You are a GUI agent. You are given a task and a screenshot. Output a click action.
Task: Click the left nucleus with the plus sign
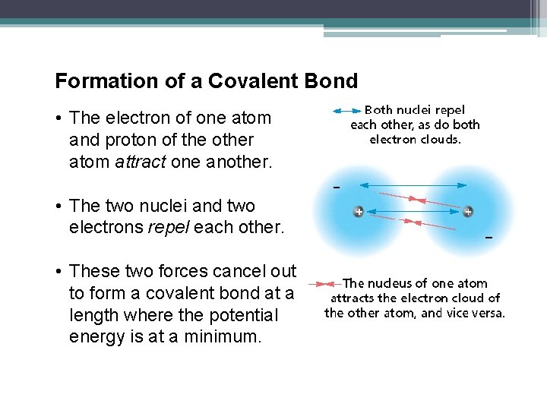coord(358,212)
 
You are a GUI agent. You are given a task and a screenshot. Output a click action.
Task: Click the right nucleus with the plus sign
coord(467,212)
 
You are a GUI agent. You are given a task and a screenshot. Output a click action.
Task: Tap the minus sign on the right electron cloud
coord(489,238)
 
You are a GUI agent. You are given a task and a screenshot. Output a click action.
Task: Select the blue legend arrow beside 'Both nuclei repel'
coord(346,111)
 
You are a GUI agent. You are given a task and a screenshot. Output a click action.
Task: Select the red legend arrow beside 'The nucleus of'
coord(330,284)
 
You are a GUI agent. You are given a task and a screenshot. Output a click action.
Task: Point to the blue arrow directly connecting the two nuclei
coord(413,212)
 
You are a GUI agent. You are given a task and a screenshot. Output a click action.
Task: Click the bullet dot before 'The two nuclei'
coord(58,206)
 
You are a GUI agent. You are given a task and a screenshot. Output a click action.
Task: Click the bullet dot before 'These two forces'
coord(58,271)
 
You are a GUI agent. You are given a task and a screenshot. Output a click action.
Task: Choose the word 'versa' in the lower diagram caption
coord(487,313)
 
